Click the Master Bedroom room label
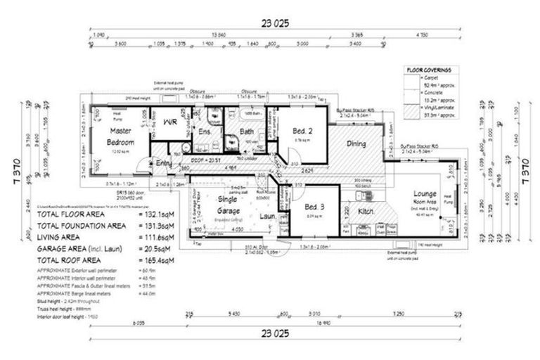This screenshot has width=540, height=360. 121,136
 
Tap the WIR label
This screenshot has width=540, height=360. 169,122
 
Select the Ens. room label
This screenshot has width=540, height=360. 205,131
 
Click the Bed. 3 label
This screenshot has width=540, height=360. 314,207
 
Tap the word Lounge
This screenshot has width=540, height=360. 425,193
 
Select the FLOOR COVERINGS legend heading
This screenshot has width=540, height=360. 428,70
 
